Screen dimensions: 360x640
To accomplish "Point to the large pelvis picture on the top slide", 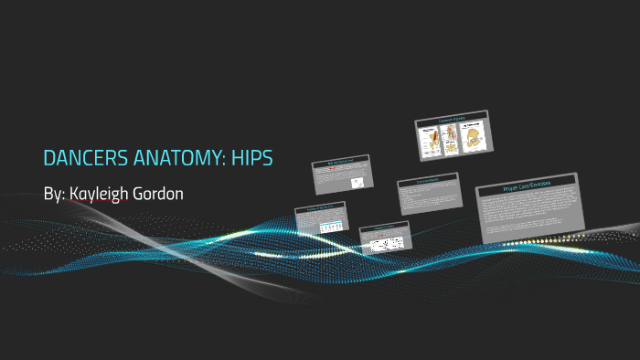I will [x=475, y=136].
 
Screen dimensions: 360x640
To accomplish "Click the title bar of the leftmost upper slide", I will [x=340, y=163].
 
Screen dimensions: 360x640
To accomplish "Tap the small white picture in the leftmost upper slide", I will [x=357, y=183].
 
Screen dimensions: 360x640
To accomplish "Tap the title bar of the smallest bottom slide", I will [x=384, y=228].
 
